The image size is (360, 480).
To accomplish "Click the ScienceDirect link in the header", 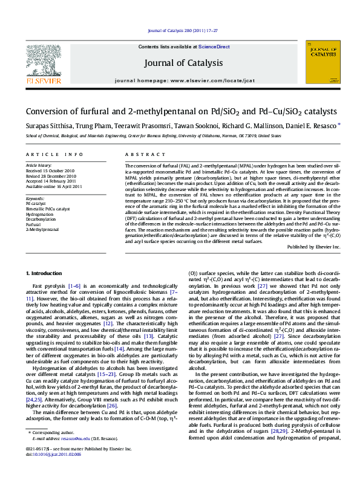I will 214,47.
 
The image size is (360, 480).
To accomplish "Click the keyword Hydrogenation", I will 39,214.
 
